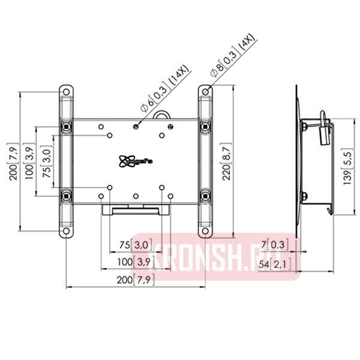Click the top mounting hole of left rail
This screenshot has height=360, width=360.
(x=66, y=92)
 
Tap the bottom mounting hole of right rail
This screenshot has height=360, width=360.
(x=205, y=230)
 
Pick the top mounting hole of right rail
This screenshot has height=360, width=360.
(x=205, y=92)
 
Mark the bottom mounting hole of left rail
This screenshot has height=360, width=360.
(x=66, y=230)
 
